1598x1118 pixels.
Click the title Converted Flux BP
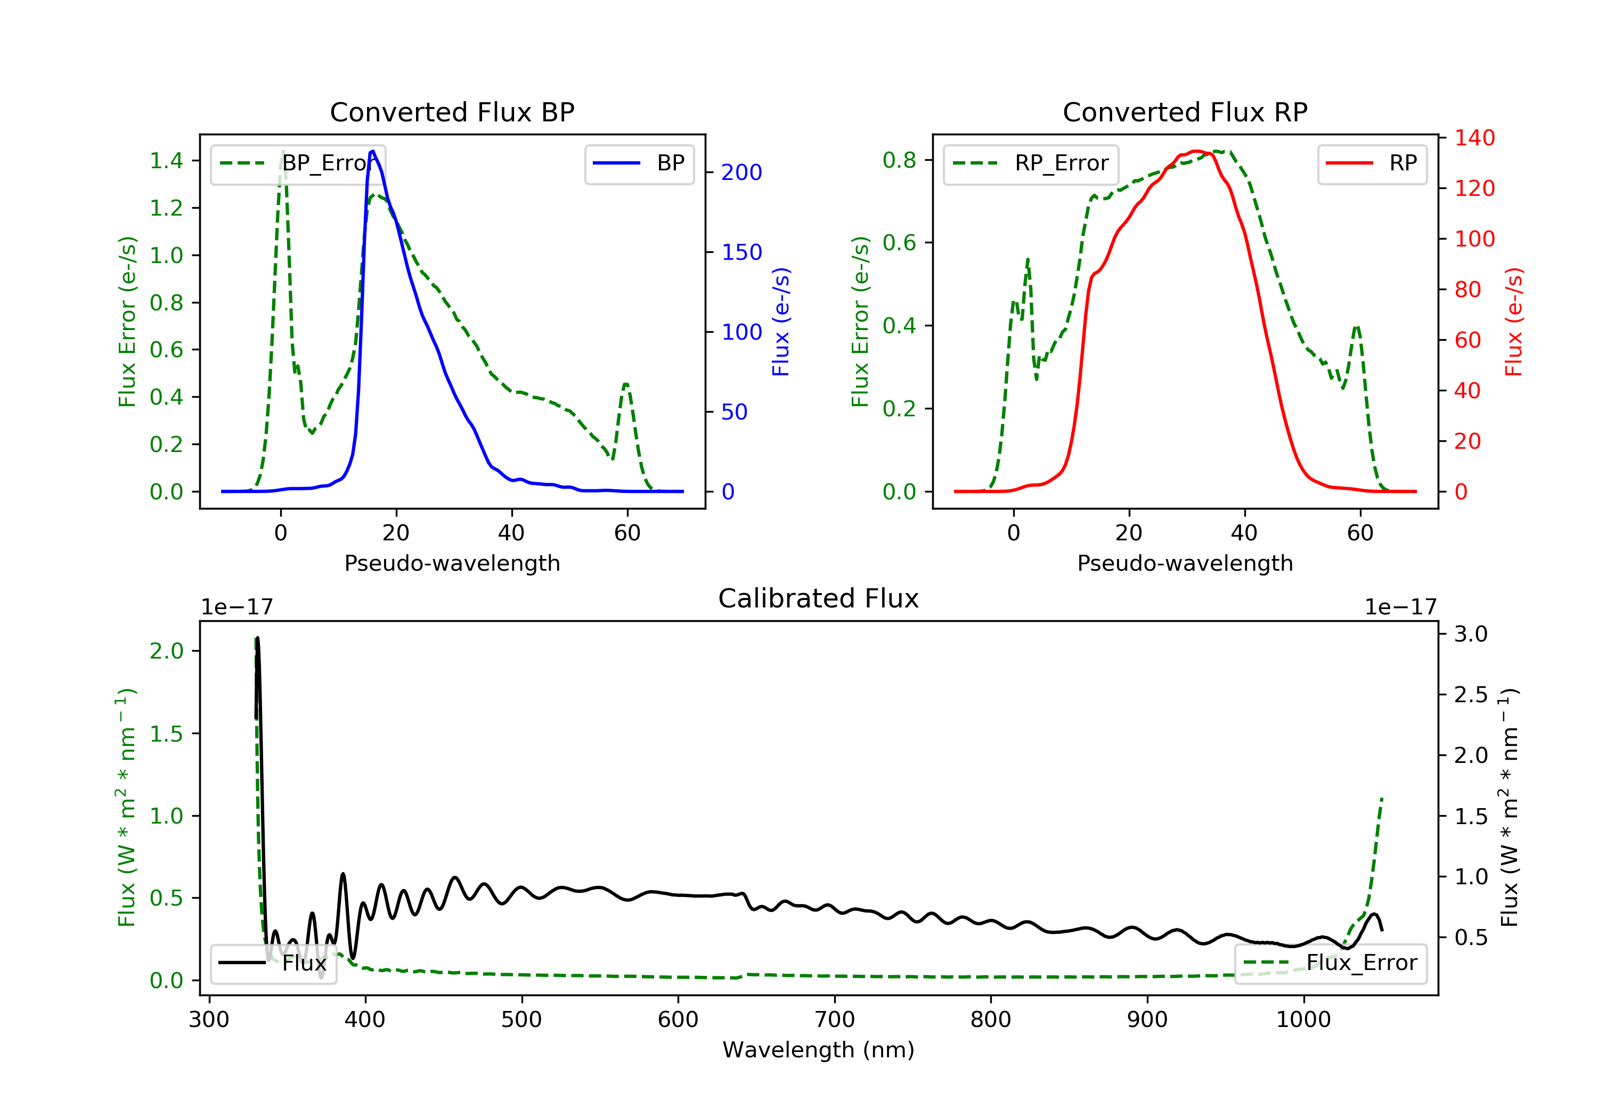pyautogui.click(x=452, y=112)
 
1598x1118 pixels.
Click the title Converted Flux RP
pyautogui.click(x=1185, y=112)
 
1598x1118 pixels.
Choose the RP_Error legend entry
pyautogui.click(x=1031, y=163)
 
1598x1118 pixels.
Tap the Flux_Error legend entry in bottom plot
pyautogui.click(x=1330, y=963)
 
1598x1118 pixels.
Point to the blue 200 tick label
pyautogui.click(x=741, y=172)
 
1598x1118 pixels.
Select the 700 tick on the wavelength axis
pyautogui.click(x=835, y=1020)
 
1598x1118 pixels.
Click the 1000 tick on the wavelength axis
pyautogui.click(x=1303, y=1020)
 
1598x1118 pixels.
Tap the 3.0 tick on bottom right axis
pyautogui.click(x=1471, y=634)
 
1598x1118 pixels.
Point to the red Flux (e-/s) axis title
pyautogui.click(x=1513, y=322)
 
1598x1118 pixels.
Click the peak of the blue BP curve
pyautogui.click(x=373, y=151)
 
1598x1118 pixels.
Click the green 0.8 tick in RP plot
pyautogui.click(x=899, y=160)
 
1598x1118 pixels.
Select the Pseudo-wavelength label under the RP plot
pyautogui.click(x=1185, y=563)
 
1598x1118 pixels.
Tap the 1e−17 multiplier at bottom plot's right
pyautogui.click(x=1400, y=607)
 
